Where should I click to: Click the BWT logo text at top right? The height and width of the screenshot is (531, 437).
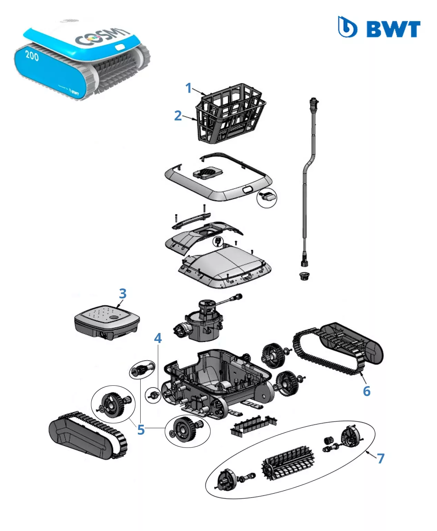pos(393,29)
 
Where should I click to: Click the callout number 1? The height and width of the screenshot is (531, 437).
pos(188,88)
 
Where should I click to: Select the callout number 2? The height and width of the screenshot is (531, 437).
pos(178,116)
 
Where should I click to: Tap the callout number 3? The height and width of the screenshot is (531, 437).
pos(123,294)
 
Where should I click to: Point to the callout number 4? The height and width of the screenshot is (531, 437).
pos(158,338)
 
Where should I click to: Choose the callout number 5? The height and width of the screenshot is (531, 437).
pos(141,430)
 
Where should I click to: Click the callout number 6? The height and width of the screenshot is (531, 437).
pos(367,391)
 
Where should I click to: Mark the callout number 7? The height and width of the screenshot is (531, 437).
pos(380,458)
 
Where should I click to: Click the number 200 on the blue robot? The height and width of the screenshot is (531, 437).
pos(32,55)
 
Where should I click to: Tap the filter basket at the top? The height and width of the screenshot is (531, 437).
pos(230,112)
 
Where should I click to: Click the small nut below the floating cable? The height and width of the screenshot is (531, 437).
pos(304,276)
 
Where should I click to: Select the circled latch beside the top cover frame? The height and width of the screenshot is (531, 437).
pos(267,198)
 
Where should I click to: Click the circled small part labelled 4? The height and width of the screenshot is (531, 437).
pos(153,394)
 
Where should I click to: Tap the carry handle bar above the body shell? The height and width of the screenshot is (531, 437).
pos(191,220)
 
